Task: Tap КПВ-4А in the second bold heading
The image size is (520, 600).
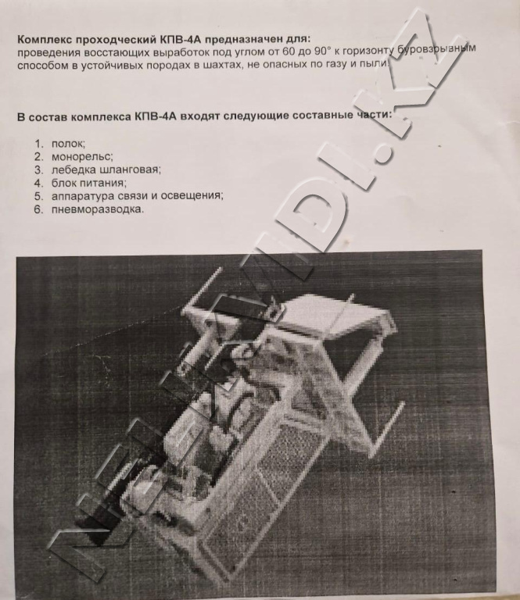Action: pyautogui.click(x=156, y=116)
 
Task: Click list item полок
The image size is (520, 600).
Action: pyautogui.click(x=68, y=144)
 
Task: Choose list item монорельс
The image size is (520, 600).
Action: pyautogui.click(x=82, y=157)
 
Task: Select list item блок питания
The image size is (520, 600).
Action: pyautogui.click(x=89, y=183)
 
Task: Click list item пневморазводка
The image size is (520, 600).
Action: pyautogui.click(x=98, y=209)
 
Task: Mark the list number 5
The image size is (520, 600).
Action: pyautogui.click(x=38, y=196)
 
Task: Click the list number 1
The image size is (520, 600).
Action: pyautogui.click(x=38, y=144)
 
